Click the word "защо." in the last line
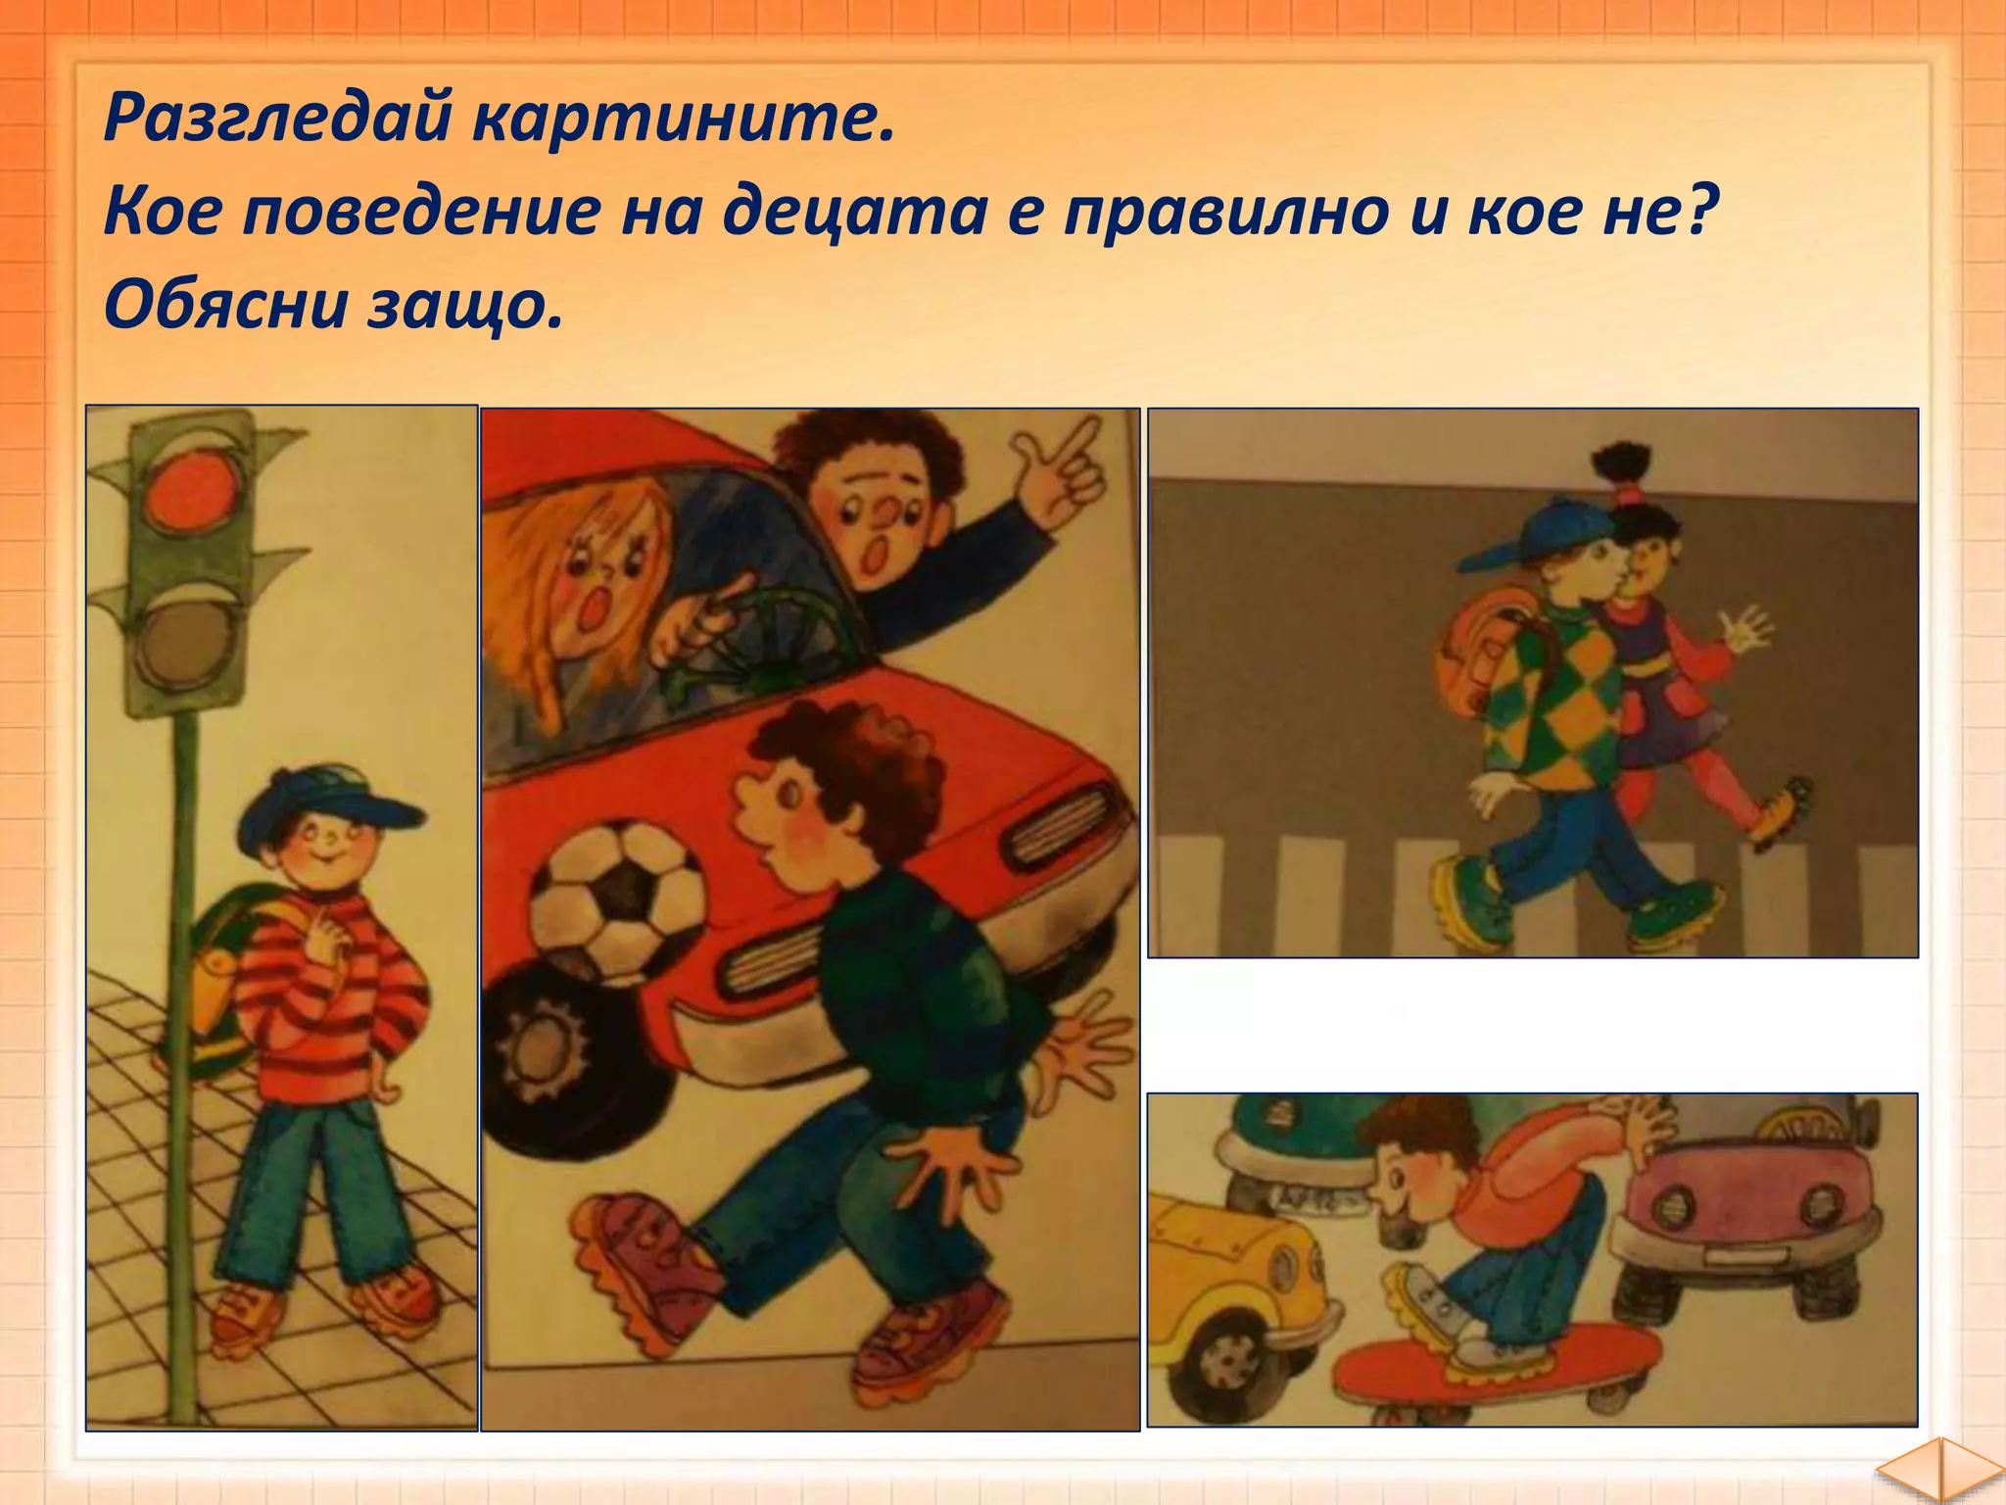click(466, 306)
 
